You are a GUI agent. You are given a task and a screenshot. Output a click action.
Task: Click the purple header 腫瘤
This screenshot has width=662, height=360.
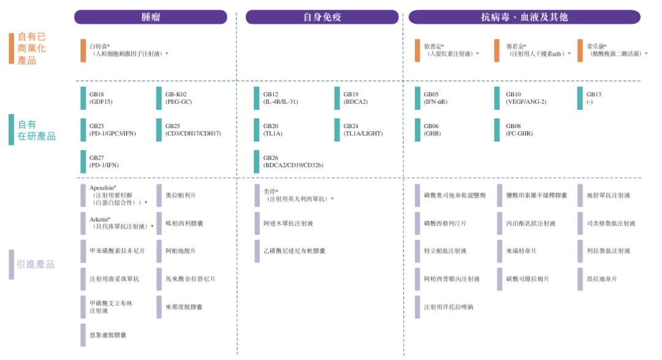[x=151, y=17]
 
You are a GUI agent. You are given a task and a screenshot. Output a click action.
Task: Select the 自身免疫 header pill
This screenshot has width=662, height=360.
[x=322, y=17]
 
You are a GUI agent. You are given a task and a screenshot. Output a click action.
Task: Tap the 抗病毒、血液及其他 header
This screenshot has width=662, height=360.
[x=524, y=17]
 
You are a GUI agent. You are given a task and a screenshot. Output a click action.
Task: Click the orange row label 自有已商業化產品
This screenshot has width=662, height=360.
[x=31, y=48]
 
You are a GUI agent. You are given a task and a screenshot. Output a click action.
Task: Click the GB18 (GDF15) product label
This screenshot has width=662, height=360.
[x=101, y=98]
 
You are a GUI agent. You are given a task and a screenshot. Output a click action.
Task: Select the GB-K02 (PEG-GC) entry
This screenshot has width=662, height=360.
[x=178, y=98]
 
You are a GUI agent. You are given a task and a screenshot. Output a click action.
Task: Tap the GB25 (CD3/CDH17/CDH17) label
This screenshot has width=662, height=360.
[x=192, y=129]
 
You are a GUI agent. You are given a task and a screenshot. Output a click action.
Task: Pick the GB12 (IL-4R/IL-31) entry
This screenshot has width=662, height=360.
[x=280, y=98]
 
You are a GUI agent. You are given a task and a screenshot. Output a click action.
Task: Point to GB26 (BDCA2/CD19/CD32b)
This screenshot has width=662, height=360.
[x=293, y=161]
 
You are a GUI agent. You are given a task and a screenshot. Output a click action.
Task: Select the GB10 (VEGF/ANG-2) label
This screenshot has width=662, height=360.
[x=525, y=98]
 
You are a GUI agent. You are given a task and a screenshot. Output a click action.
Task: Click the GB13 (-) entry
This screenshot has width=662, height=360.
[x=593, y=98]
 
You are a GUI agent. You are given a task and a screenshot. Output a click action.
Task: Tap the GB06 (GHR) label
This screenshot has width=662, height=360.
[x=432, y=129]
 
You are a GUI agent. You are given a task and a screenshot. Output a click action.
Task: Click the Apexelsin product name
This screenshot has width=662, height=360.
[x=103, y=188]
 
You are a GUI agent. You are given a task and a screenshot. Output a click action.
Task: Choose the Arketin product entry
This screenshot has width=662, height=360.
[x=100, y=219]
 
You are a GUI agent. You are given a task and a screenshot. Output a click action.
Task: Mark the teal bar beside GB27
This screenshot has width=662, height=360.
[x=83, y=161]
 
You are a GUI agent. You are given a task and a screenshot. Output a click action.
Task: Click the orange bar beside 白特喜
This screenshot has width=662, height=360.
[x=83, y=50]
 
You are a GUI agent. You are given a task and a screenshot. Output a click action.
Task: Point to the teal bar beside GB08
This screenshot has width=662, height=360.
[x=497, y=129]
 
